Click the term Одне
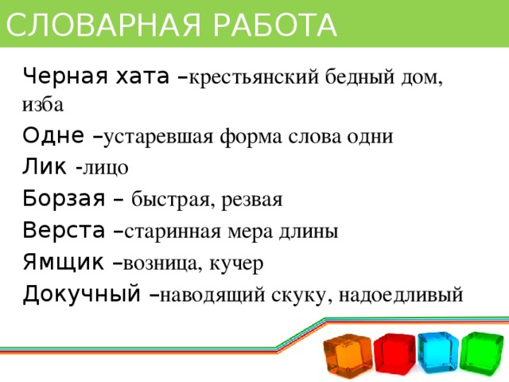click(x=52, y=134)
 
